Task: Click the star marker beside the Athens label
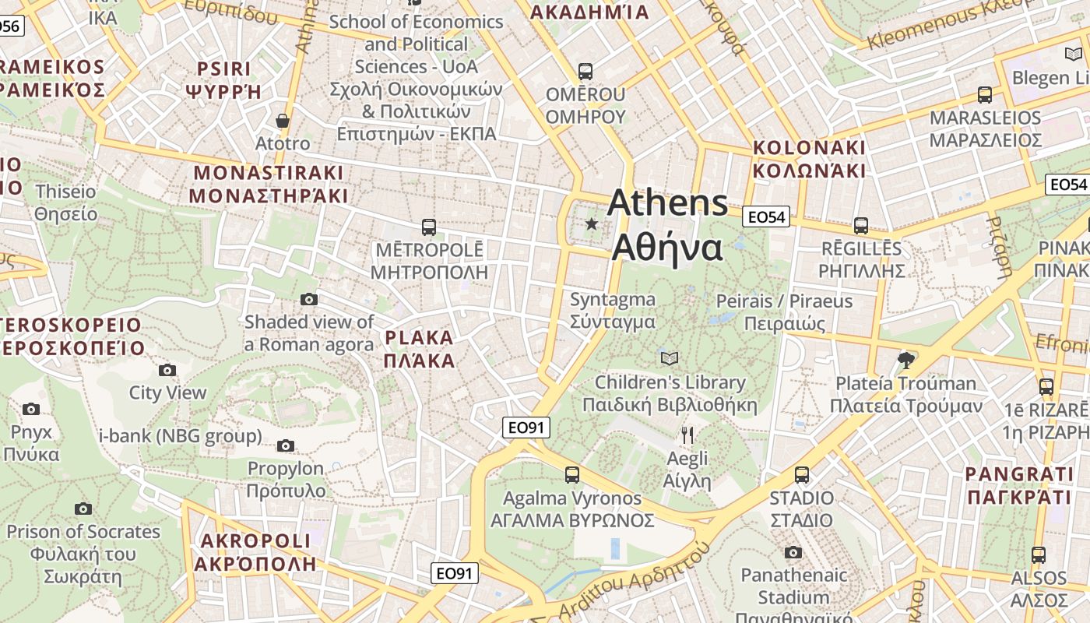coord(592,224)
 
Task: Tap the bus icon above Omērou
coord(585,72)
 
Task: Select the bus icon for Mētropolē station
coord(429,227)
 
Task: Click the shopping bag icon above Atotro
coord(283,121)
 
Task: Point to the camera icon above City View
coord(167,371)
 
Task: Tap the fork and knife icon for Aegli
coord(687,435)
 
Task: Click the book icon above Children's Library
coord(670,359)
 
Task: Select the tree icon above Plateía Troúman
coord(905,360)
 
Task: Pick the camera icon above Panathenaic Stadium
coord(793,553)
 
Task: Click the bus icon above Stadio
coord(802,475)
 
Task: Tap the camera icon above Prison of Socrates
coord(83,509)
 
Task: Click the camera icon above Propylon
coord(286,446)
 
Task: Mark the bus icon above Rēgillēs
coord(861,226)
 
